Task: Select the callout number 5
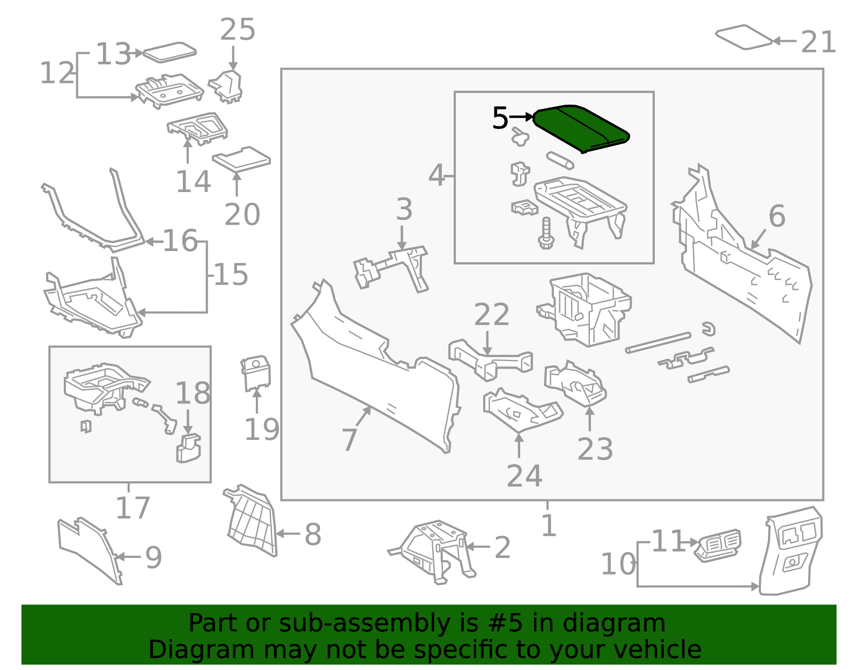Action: click(x=499, y=118)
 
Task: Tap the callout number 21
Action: click(x=818, y=42)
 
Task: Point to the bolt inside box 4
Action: click(x=546, y=234)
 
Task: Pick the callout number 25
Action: click(x=238, y=30)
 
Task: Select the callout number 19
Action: click(x=262, y=429)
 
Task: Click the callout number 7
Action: click(x=350, y=440)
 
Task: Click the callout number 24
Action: click(x=524, y=475)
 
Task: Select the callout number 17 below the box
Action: click(x=132, y=507)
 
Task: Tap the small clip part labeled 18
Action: click(x=188, y=448)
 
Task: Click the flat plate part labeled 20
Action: click(x=241, y=159)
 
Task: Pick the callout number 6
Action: click(x=776, y=216)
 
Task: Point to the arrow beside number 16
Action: click(x=154, y=242)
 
